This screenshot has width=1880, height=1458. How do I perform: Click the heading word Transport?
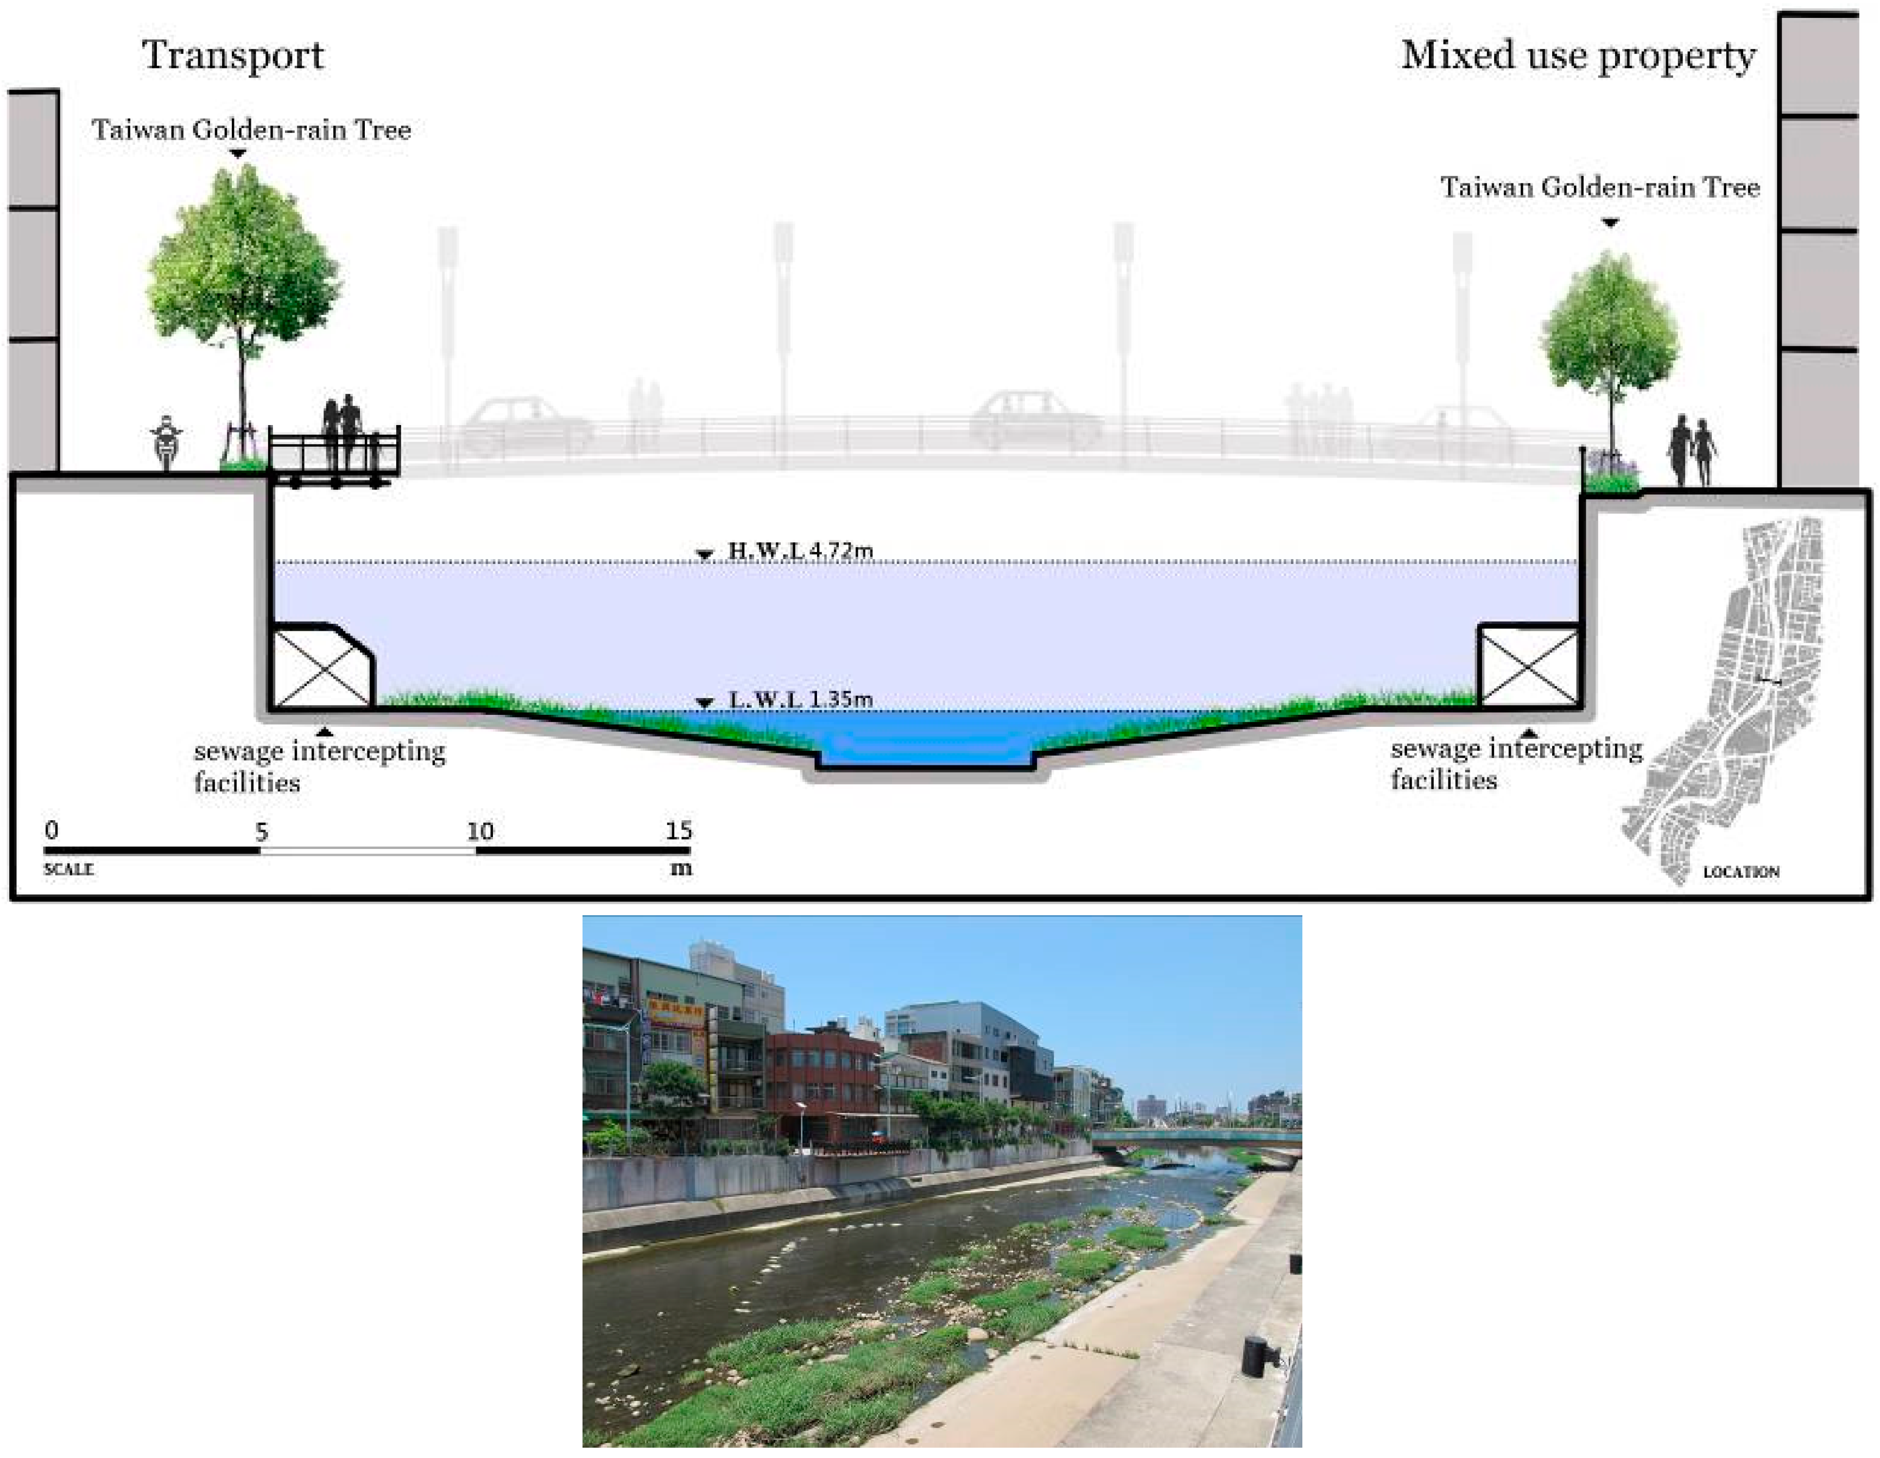232,56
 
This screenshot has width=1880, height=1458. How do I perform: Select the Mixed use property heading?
1577,56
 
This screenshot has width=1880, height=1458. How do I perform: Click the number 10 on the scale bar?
479,832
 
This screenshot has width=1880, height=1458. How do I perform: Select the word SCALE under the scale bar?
69,869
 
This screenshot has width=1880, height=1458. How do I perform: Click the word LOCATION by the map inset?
1740,872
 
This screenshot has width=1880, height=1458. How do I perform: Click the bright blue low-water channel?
926,745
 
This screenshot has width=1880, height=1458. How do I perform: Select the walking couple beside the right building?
1692,449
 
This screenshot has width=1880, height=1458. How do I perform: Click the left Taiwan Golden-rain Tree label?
251,130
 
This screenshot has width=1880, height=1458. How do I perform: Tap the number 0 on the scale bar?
52,831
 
